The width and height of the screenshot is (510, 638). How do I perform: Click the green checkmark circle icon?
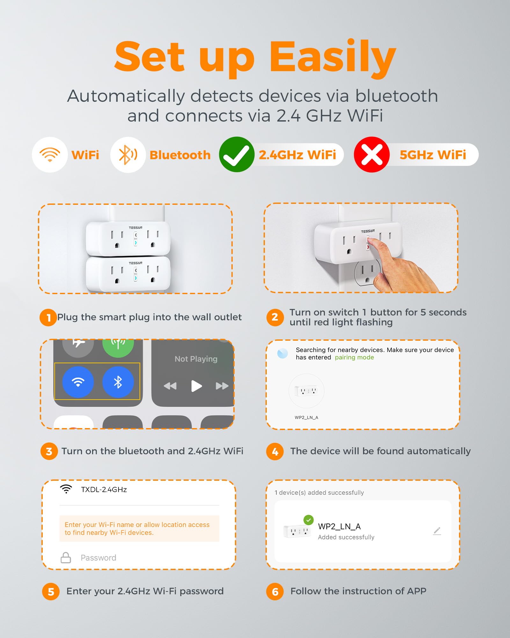click(x=237, y=155)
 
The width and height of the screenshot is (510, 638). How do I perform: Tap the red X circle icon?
click(x=372, y=155)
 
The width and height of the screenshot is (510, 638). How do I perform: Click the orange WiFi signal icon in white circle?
click(x=50, y=155)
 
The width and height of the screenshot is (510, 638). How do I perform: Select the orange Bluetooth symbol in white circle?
click(x=128, y=155)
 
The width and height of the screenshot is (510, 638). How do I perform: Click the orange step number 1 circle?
click(x=48, y=317)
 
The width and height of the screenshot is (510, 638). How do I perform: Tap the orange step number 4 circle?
click(x=275, y=451)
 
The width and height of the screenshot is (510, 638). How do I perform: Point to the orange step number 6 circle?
click(x=275, y=592)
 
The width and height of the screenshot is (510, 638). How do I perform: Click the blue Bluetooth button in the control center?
click(x=118, y=382)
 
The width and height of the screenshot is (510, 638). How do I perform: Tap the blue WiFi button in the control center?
click(x=78, y=382)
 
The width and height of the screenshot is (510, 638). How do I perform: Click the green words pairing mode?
click(x=354, y=357)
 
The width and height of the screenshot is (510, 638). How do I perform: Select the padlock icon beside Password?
click(x=66, y=558)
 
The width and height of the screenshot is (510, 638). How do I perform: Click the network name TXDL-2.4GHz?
click(x=104, y=490)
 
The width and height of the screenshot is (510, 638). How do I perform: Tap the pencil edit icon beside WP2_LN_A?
click(x=437, y=531)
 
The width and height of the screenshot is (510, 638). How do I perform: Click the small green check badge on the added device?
click(x=308, y=520)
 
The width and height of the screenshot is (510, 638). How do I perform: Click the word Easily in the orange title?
click(x=332, y=57)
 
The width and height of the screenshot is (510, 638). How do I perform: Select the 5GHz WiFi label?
click(x=433, y=155)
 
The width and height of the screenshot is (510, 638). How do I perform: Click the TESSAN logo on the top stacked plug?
click(x=135, y=228)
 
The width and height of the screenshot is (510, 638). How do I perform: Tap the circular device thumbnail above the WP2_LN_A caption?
click(x=306, y=391)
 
